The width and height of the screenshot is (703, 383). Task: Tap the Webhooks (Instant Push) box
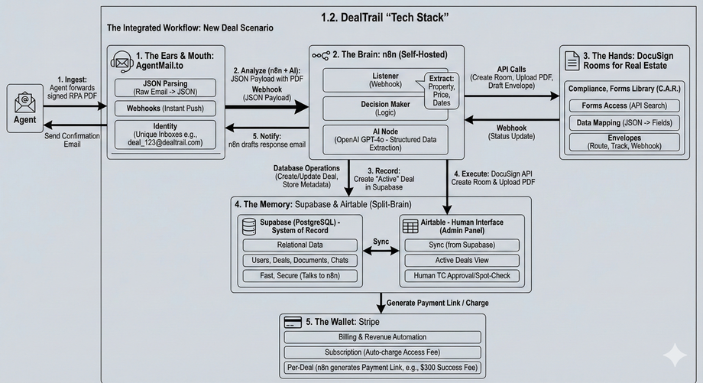164,109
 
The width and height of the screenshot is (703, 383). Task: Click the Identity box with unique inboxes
164,135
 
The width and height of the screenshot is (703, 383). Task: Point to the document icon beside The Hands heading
570,59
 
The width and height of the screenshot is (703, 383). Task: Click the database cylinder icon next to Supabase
248,226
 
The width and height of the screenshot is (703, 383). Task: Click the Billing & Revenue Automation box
382,337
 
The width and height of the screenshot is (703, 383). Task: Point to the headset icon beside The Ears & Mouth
121,60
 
